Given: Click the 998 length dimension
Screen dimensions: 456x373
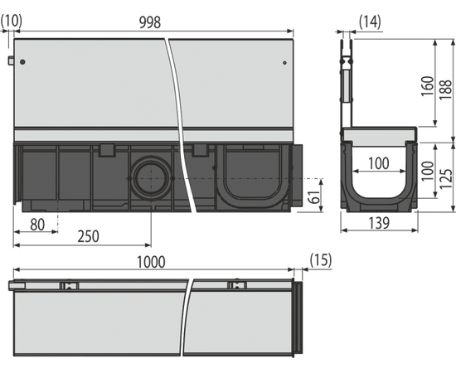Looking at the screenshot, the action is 150,22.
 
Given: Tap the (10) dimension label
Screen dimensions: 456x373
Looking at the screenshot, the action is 12,21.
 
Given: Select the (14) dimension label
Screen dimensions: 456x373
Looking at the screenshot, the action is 370,22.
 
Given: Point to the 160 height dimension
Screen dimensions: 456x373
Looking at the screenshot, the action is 427,86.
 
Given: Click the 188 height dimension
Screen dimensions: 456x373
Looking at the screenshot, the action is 445,90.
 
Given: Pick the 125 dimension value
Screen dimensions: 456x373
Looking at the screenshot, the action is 445,178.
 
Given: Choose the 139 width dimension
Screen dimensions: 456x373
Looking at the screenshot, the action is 379,223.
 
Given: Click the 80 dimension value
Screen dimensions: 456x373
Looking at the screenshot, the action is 37,225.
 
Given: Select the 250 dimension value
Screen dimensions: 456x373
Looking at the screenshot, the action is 88,236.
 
